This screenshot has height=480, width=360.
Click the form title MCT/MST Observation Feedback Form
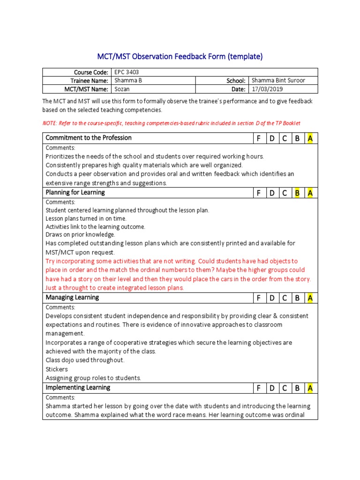[180, 57]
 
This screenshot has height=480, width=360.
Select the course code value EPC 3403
[126, 72]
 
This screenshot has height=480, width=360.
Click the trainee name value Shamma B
[127, 81]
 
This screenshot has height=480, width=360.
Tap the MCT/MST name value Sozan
[122, 89]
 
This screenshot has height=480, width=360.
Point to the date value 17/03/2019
[267, 89]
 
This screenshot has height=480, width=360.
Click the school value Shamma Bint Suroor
[278, 81]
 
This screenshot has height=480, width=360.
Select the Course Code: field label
[91, 72]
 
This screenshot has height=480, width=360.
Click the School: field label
[236, 81]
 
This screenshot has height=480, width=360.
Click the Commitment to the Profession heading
[89, 138]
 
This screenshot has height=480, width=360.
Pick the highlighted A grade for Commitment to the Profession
[310, 138]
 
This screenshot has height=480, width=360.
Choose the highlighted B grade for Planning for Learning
[297, 193]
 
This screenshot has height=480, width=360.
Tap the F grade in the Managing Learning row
[258, 298]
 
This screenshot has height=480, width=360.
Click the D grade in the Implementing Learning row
[271, 388]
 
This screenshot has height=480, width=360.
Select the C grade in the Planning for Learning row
[284, 193]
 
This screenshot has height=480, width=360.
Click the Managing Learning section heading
[72, 298]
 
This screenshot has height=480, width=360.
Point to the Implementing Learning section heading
[78, 388]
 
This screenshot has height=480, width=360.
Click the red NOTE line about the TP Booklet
[171, 123]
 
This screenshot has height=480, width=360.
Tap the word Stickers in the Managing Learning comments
[57, 369]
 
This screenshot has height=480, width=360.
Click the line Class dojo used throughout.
[85, 360]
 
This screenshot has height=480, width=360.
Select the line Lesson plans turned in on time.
[86, 218]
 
